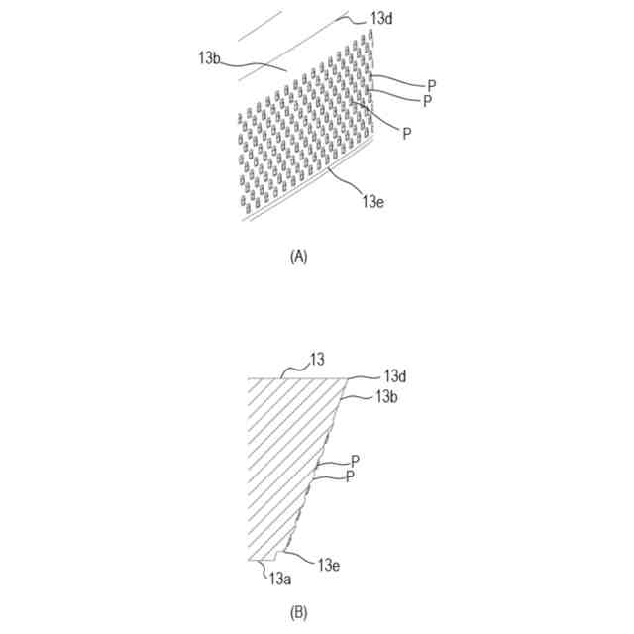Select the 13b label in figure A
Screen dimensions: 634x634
pyautogui.click(x=210, y=57)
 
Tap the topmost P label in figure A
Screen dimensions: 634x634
pyautogui.click(x=432, y=86)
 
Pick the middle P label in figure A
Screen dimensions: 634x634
pyautogui.click(x=426, y=101)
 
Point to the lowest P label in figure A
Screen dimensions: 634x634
pyautogui.click(x=408, y=133)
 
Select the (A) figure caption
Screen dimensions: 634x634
pyautogui.click(x=298, y=256)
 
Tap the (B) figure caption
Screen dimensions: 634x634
pyautogui.click(x=298, y=613)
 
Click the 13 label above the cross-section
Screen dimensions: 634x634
pyautogui.click(x=317, y=359)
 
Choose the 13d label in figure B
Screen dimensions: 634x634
pyautogui.click(x=396, y=377)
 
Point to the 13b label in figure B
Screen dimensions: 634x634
pyautogui.click(x=386, y=396)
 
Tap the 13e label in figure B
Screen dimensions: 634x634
pyautogui.click(x=331, y=564)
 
